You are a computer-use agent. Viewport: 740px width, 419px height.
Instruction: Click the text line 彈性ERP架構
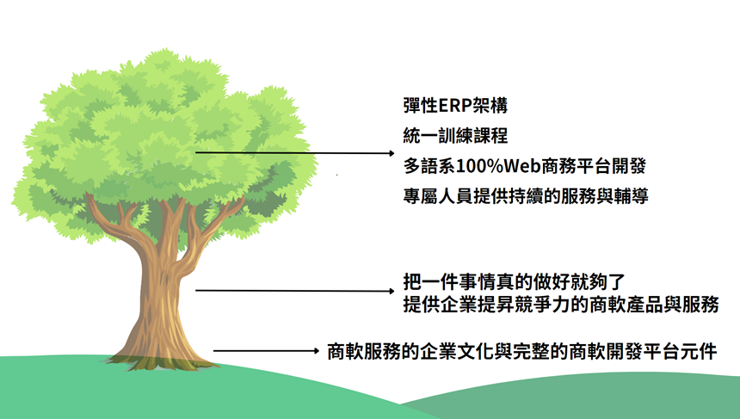point(455,105)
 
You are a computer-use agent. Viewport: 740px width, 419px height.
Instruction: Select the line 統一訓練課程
point(455,136)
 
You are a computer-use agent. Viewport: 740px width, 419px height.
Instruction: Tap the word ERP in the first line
point(456,106)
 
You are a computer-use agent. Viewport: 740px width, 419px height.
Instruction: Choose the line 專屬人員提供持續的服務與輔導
point(526,196)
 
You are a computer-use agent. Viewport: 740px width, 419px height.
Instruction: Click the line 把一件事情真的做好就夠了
point(514,281)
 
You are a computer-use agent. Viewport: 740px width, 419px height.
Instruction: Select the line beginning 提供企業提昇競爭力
point(561,305)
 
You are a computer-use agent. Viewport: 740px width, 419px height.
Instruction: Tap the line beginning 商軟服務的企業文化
point(522,352)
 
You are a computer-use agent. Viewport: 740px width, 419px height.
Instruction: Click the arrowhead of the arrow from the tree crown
point(392,153)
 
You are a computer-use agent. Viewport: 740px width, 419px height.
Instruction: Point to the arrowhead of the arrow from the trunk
point(392,291)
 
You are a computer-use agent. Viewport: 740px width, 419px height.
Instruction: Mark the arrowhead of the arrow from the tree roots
point(317,350)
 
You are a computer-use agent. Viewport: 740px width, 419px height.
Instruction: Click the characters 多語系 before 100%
point(430,166)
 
